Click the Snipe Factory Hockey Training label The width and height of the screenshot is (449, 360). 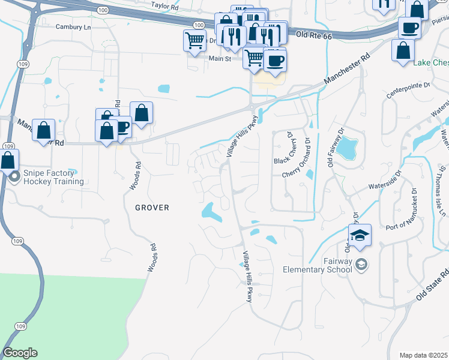pos(53,178)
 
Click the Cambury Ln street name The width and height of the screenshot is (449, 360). pos(73,27)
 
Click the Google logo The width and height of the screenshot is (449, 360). pos(20,353)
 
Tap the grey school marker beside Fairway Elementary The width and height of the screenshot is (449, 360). pos(361,264)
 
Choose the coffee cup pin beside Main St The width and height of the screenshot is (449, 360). pos(275,60)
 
